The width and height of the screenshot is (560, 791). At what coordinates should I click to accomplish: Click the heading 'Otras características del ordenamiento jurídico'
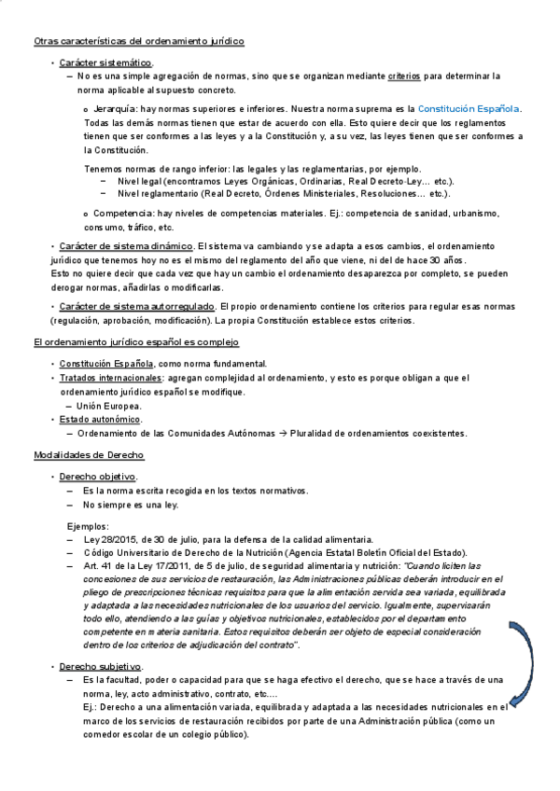139,42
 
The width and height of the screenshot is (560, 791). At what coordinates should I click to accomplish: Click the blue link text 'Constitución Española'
469,109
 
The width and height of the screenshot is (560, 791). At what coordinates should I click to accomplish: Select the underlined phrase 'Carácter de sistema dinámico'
127,245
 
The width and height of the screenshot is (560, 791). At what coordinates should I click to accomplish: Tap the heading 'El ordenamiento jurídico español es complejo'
136,342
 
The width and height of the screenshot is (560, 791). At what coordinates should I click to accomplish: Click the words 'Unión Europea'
109,406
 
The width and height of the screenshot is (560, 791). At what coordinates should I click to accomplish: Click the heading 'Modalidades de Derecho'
89,455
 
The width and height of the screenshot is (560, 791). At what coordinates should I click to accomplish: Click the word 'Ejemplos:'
88,526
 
